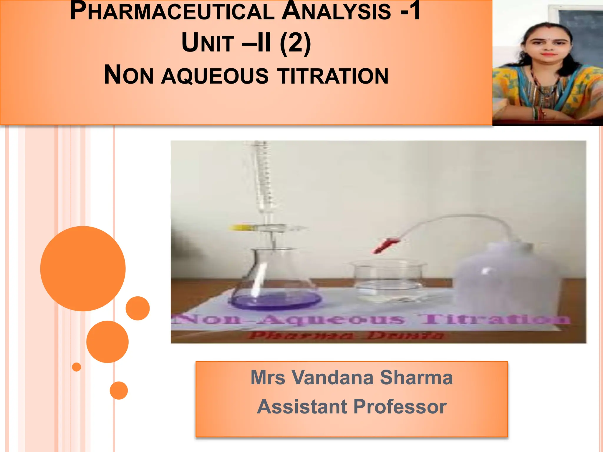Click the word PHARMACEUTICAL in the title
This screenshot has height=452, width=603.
[x=172, y=12]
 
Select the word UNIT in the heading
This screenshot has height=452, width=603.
[x=208, y=43]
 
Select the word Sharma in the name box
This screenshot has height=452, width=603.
[x=416, y=377]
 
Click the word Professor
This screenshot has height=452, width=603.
[x=400, y=407]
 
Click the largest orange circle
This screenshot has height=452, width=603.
[x=83, y=268]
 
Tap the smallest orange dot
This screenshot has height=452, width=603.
[x=77, y=367]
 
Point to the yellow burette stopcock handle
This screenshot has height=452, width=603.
[x=240, y=227]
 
